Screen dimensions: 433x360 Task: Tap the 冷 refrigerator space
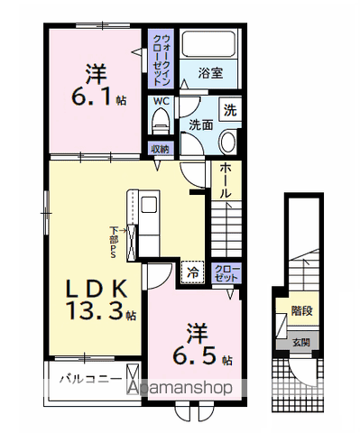click(x=192, y=270)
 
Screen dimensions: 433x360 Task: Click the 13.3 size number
click(x=93, y=313)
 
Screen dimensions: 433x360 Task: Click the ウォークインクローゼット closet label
click(x=159, y=57)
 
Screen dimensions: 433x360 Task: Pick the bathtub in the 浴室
click(x=210, y=46)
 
